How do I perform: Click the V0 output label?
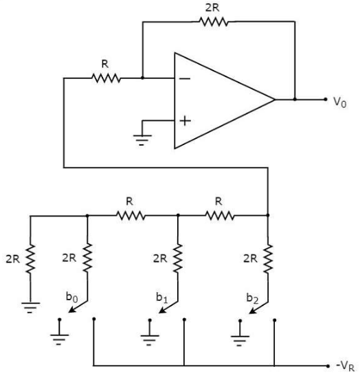[x=340, y=102]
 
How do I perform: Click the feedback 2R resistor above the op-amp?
[x=214, y=21]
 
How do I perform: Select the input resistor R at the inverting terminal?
[x=106, y=78]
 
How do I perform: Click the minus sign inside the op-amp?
[x=185, y=78]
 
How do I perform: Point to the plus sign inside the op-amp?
[x=185, y=121]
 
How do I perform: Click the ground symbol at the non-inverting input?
[x=142, y=140]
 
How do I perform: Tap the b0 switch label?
[x=71, y=297]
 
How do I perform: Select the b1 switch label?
[x=162, y=298]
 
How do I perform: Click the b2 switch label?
[x=252, y=298]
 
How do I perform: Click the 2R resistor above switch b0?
[x=87, y=258]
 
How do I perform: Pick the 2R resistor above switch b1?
[x=178, y=258]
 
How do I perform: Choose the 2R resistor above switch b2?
[x=268, y=259]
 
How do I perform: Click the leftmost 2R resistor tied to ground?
[x=30, y=259]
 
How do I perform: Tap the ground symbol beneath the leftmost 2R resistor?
[x=30, y=308]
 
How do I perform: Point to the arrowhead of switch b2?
[x=252, y=311]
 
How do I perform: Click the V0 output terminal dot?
[x=326, y=100]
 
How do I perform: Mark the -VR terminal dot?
[x=328, y=366]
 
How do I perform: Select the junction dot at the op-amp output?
[x=295, y=100]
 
